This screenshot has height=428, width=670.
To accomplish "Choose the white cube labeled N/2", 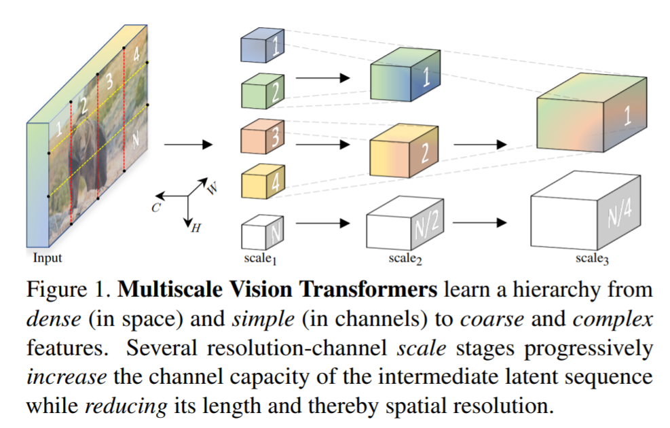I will (x=404, y=221).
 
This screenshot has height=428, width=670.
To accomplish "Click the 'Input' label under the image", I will (x=48, y=257).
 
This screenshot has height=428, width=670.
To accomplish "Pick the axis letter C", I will (x=155, y=208).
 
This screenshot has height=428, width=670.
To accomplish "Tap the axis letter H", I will (x=196, y=228).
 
